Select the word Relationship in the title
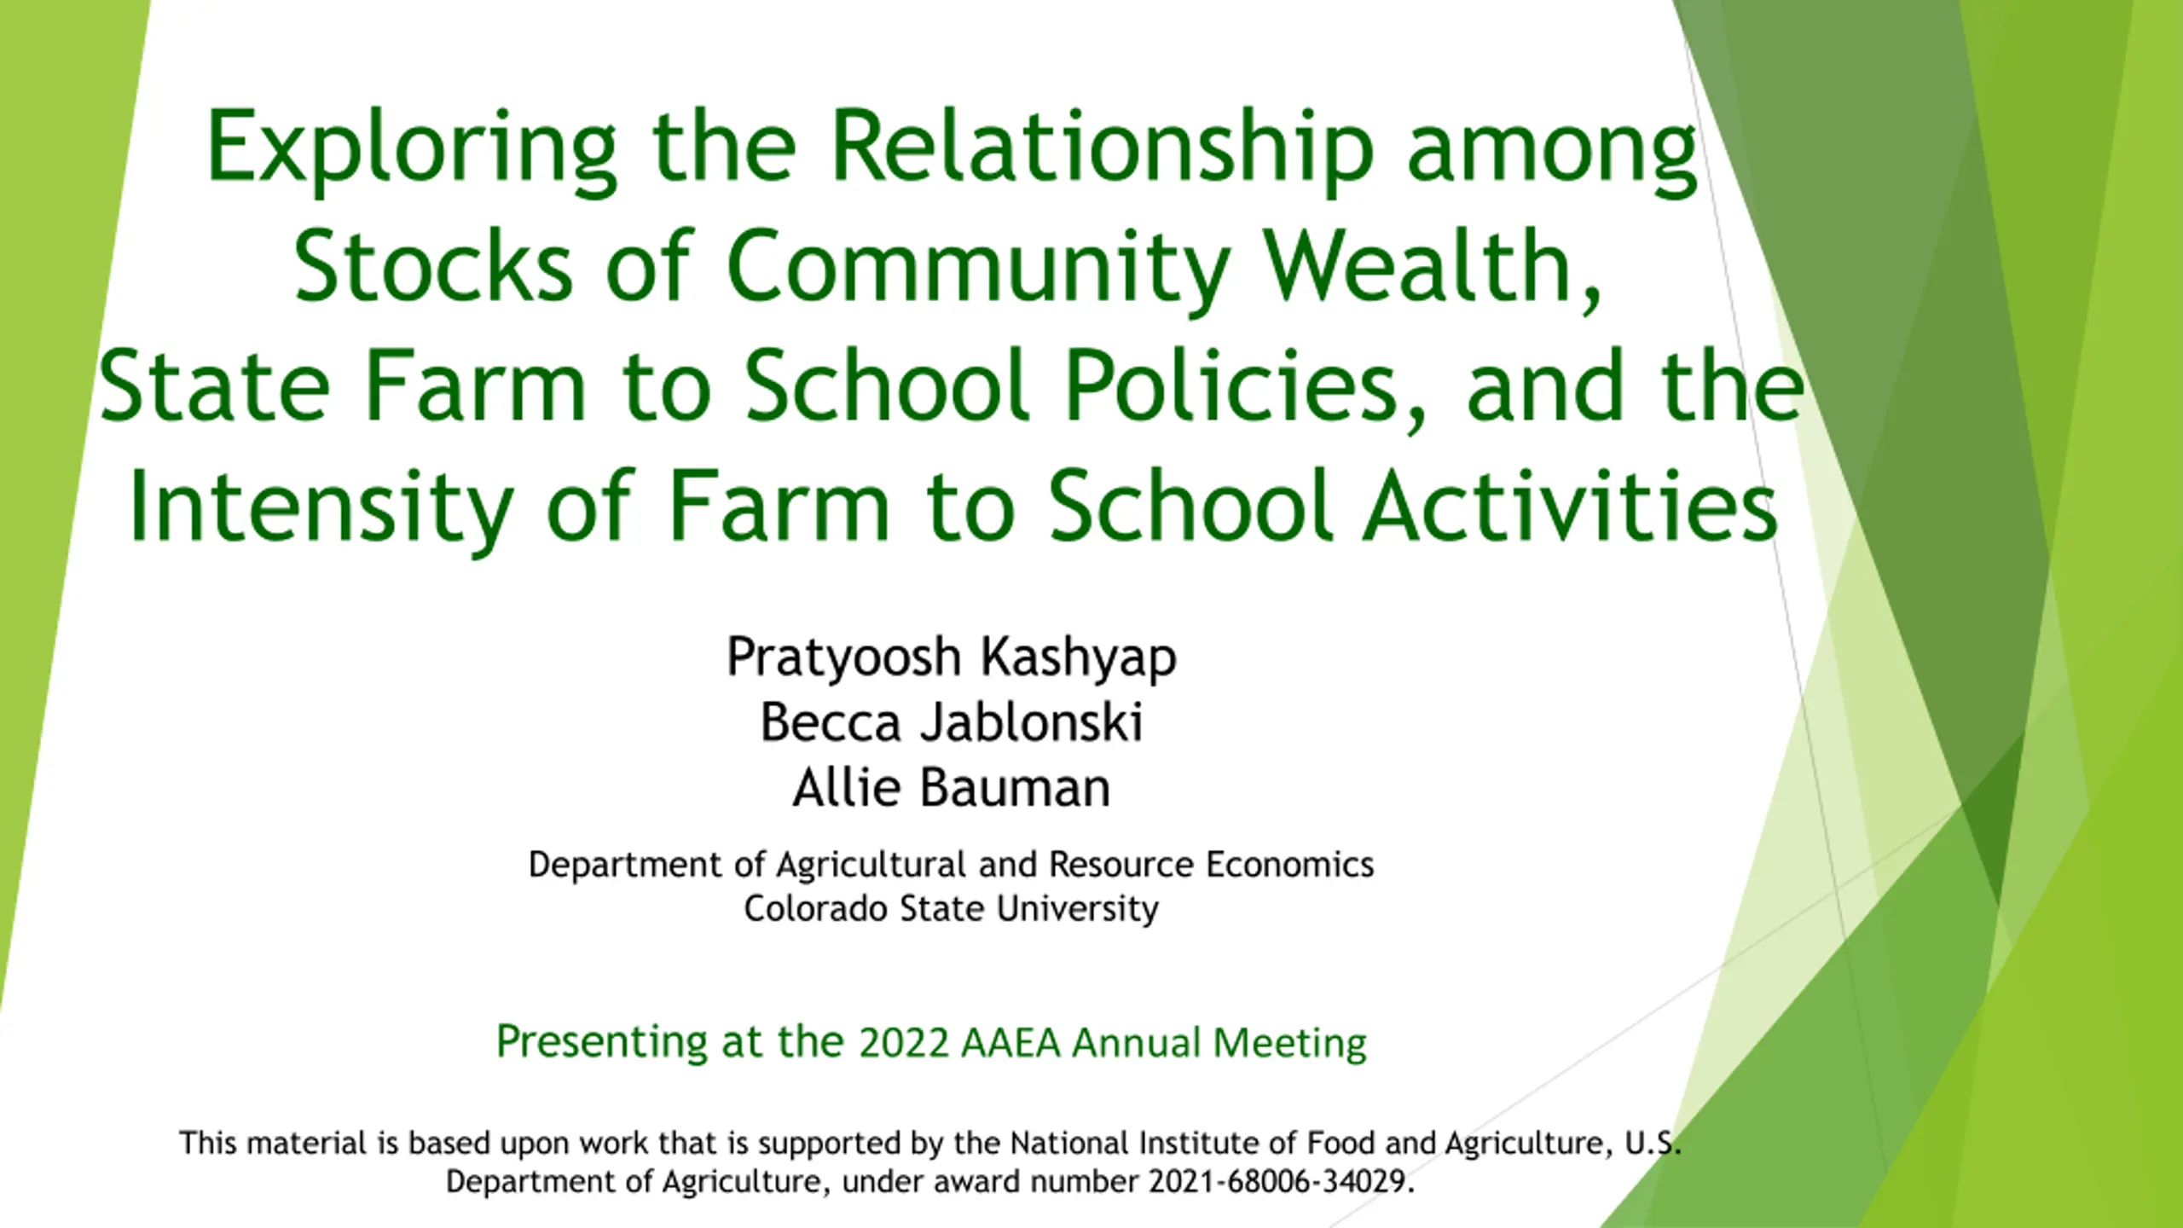(x=1103, y=149)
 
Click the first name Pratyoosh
(x=844, y=658)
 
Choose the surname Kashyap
(x=1079, y=658)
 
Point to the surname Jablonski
(x=1031, y=722)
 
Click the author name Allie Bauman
(x=952, y=787)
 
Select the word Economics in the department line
(x=1289, y=864)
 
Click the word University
(x=1078, y=910)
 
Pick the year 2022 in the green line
(x=904, y=1043)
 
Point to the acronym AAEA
(x=1010, y=1043)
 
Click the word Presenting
(x=602, y=1043)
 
